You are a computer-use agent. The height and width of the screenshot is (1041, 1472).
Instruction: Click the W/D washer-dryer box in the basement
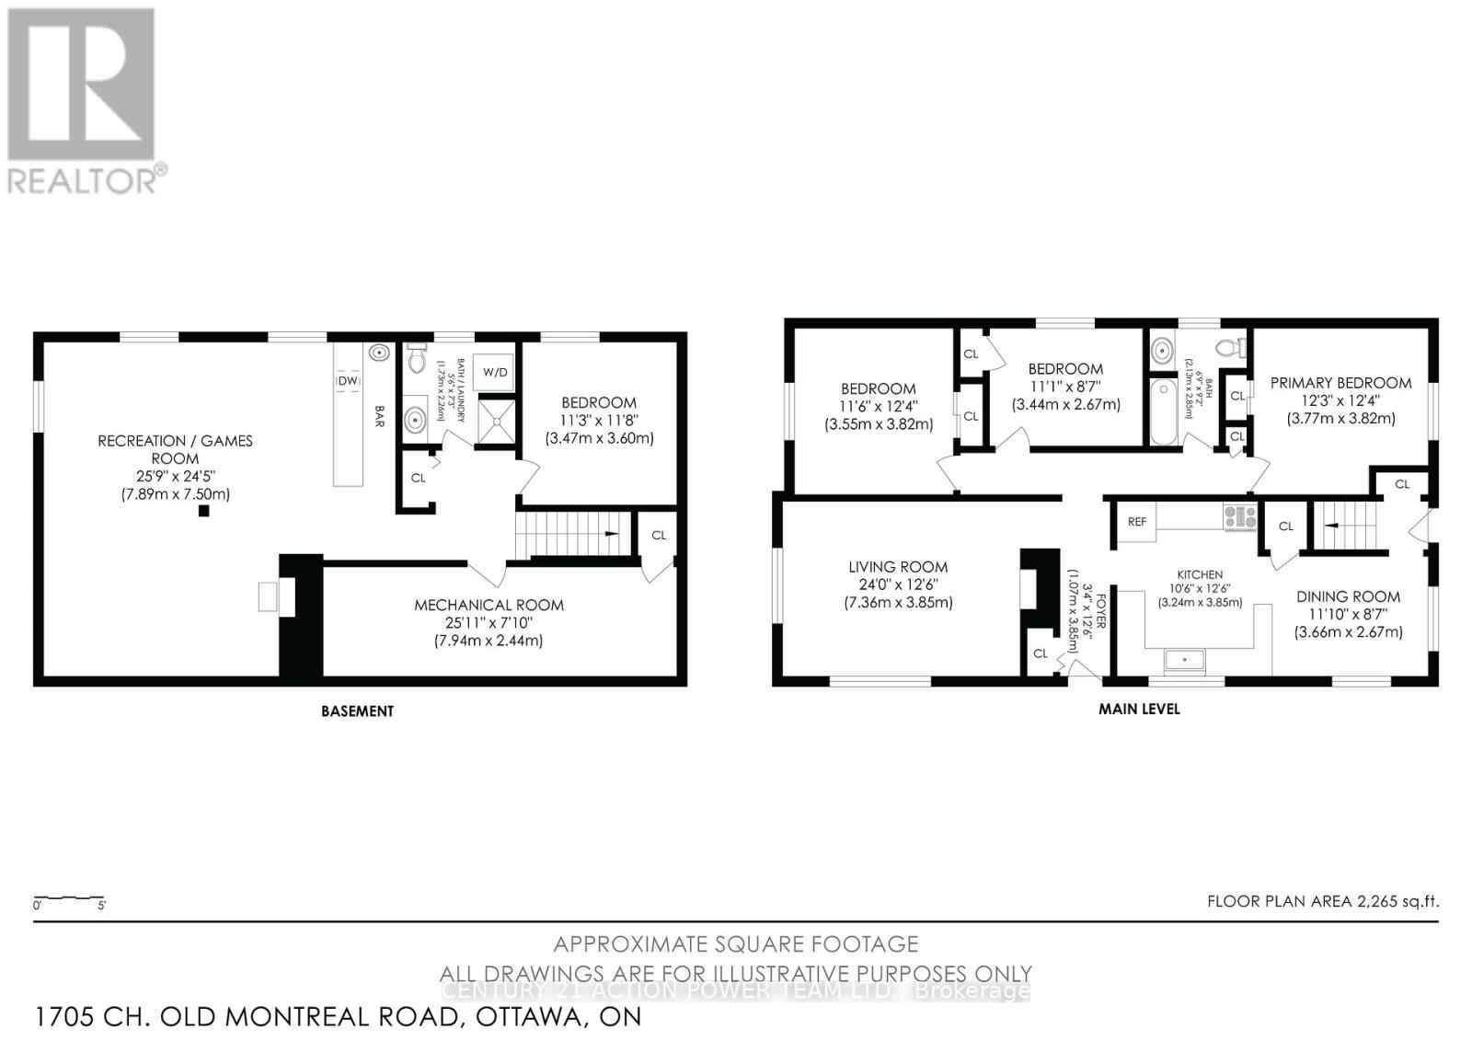coord(495,373)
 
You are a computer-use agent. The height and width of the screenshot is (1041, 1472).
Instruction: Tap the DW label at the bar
coord(348,381)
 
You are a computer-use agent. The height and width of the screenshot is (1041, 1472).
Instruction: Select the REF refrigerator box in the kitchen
coord(1137,522)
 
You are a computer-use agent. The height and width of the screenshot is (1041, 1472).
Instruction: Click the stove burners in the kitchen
coord(1239,516)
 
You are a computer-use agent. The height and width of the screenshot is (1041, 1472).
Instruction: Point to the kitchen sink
coord(1185,659)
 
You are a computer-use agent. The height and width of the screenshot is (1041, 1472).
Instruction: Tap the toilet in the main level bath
coord(1228,349)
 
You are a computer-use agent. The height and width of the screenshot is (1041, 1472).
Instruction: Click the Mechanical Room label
coord(489,605)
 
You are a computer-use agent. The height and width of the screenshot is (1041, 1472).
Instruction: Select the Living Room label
coord(898,567)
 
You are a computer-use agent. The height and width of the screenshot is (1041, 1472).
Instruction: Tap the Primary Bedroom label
coord(1340,383)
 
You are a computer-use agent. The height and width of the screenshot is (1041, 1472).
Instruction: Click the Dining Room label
coord(1348,596)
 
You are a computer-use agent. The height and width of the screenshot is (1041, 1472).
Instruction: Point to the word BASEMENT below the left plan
coord(357,711)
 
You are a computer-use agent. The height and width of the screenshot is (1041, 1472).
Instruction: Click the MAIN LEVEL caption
coord(1139,709)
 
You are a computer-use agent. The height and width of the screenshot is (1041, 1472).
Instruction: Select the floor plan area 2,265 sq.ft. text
coord(1323,901)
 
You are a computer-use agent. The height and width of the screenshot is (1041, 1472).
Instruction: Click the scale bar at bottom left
coord(69,898)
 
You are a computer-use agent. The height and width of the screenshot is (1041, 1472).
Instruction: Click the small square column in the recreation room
coord(203,511)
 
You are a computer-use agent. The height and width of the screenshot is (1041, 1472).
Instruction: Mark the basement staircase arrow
coord(609,535)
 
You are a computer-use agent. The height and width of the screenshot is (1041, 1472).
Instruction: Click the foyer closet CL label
coord(1041,654)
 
